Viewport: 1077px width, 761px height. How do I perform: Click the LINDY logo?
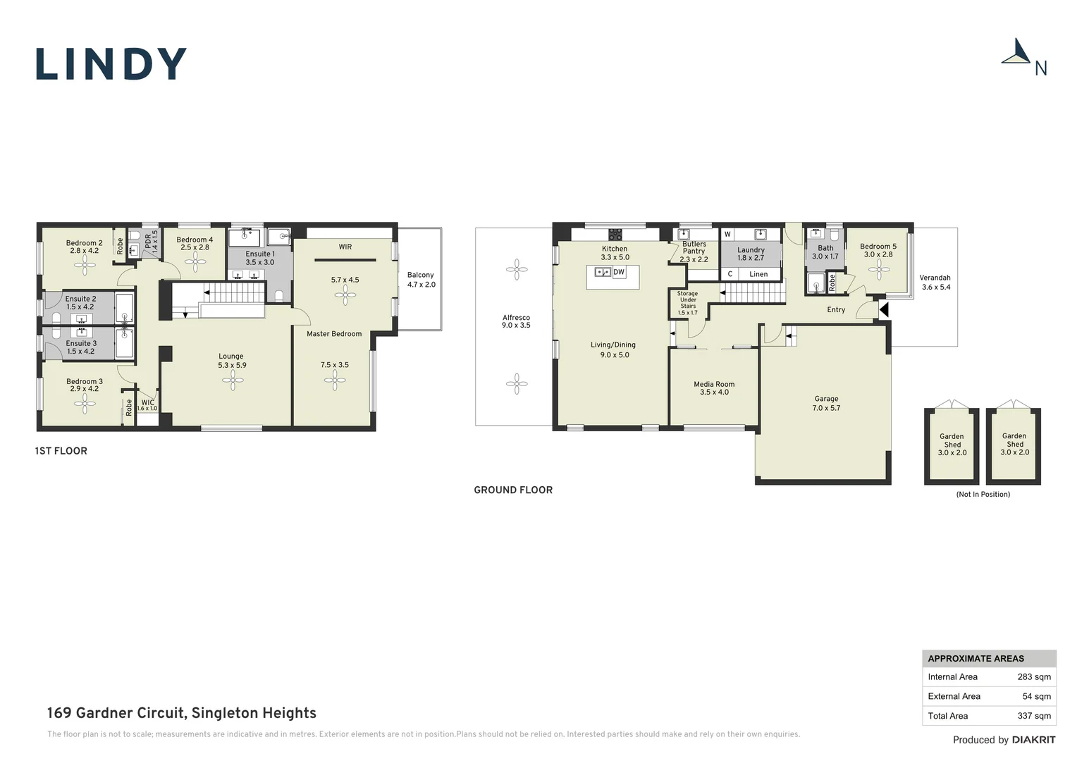pyautogui.click(x=111, y=63)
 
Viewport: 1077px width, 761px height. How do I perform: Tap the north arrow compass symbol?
pyautogui.click(x=1016, y=51)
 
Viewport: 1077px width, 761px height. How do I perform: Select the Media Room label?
pyautogui.click(x=714, y=384)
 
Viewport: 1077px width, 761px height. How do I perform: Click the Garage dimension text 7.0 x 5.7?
pyautogui.click(x=827, y=408)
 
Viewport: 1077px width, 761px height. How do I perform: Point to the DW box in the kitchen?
pyautogui.click(x=619, y=272)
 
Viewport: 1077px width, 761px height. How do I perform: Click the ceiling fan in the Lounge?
pyautogui.click(x=233, y=380)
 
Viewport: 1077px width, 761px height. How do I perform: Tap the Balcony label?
pyautogui.click(x=420, y=275)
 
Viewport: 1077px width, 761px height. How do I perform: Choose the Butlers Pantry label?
pyautogui.click(x=694, y=247)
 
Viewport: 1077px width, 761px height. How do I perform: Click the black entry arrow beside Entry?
pyautogui.click(x=884, y=309)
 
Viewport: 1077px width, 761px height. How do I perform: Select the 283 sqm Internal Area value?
pyautogui.click(x=1034, y=677)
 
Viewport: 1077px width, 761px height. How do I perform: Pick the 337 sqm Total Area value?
pyautogui.click(x=1034, y=716)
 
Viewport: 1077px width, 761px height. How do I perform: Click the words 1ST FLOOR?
pyautogui.click(x=61, y=451)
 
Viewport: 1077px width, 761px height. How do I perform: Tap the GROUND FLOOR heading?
pyautogui.click(x=513, y=490)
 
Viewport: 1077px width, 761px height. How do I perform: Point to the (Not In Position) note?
pyautogui.click(x=983, y=494)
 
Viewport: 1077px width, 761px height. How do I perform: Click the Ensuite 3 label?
pyautogui.click(x=81, y=343)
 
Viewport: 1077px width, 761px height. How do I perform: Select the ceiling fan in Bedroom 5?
pyautogui.click(x=879, y=270)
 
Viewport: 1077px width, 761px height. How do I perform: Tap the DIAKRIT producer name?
pyautogui.click(x=1034, y=740)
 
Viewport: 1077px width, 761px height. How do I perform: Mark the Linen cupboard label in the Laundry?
pyautogui.click(x=758, y=274)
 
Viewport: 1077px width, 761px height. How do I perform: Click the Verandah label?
pyautogui.click(x=935, y=278)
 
